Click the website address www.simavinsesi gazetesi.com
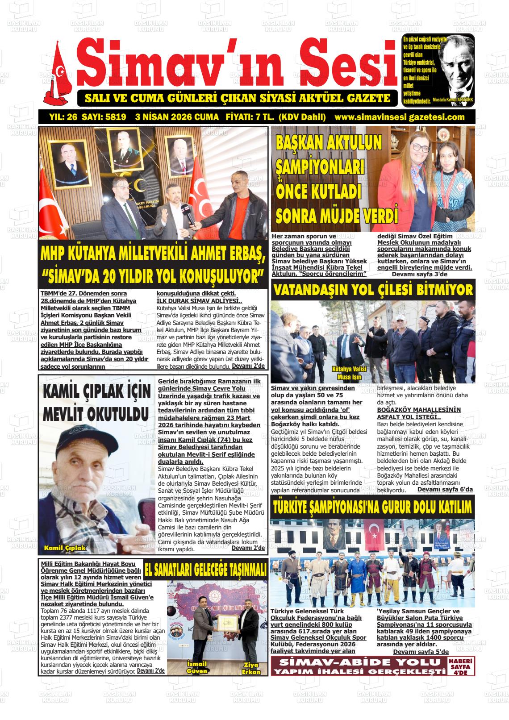point(399,117)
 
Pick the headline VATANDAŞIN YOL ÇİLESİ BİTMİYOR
point(372,290)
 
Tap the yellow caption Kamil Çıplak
point(64,548)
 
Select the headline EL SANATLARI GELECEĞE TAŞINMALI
point(205,570)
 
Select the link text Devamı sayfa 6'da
point(445,490)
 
